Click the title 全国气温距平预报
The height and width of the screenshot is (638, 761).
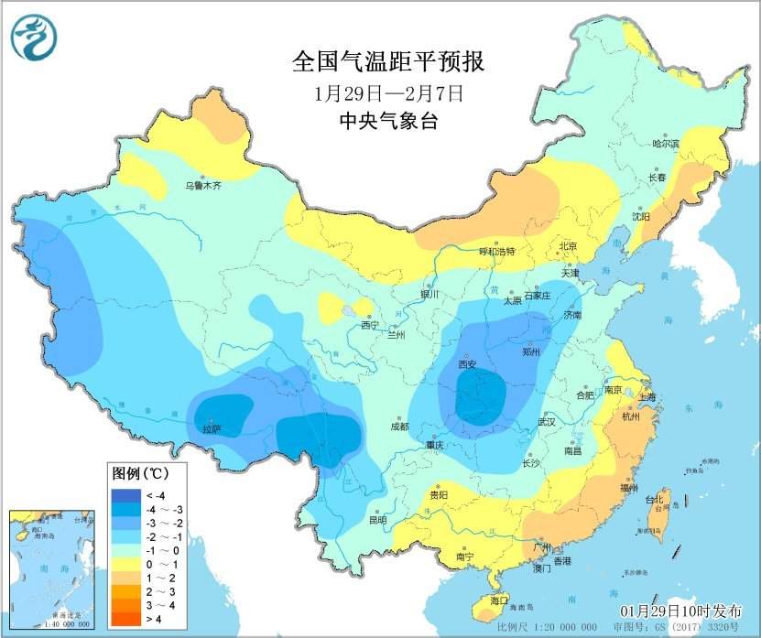click(x=387, y=61)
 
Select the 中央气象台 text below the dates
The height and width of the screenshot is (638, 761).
click(x=387, y=121)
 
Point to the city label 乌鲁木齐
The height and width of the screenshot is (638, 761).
click(x=203, y=185)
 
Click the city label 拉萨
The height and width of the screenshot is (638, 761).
click(x=212, y=427)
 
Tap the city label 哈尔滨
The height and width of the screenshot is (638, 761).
click(x=666, y=144)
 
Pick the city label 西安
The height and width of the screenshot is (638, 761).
click(x=468, y=364)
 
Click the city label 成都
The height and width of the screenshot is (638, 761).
click(x=400, y=426)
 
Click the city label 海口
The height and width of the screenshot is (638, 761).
click(x=500, y=600)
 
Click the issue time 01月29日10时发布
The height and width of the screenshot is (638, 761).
click(x=682, y=611)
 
